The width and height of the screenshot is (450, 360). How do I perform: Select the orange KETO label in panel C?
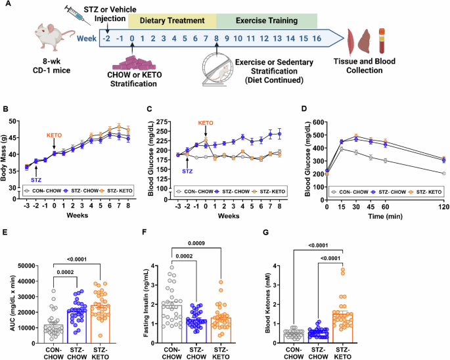[x=207, y=123]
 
